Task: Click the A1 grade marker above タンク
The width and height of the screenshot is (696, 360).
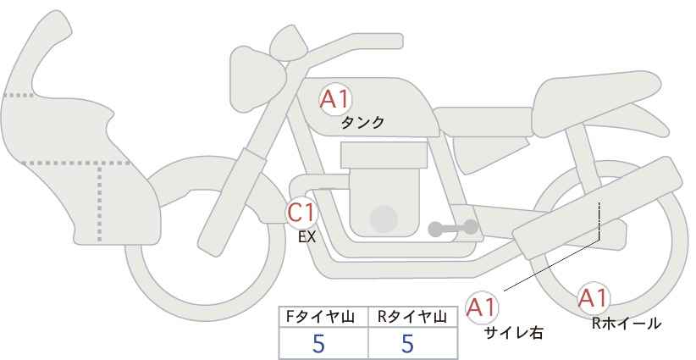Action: pyautogui.click(x=334, y=99)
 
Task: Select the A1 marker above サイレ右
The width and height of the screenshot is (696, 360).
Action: pyautogui.click(x=483, y=306)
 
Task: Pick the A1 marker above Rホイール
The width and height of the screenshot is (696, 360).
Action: pyautogui.click(x=593, y=298)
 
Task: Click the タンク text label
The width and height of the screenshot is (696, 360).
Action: pyautogui.click(x=362, y=122)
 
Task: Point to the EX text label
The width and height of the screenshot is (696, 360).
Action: pyautogui.click(x=307, y=238)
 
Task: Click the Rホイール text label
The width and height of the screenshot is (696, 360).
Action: pyautogui.click(x=627, y=323)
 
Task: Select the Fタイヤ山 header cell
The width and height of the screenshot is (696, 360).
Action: pyautogui.click(x=323, y=318)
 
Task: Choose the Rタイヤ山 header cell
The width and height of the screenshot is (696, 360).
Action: pyautogui.click(x=413, y=318)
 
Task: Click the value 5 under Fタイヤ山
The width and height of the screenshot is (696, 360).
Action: pyautogui.click(x=319, y=344)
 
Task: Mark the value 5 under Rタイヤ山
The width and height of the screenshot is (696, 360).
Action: pyautogui.click(x=408, y=344)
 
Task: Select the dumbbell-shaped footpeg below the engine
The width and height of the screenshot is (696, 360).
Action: pyautogui.click(x=453, y=228)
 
